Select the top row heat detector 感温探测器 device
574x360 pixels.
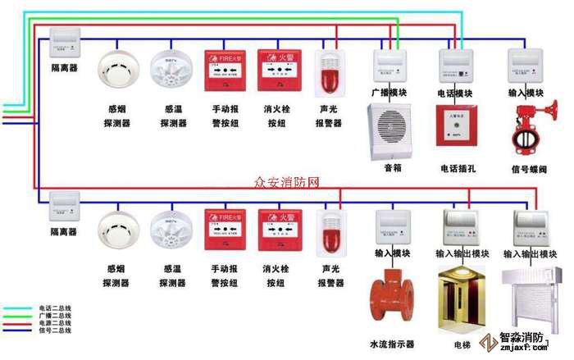pos(172,71)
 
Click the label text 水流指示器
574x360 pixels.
pos(392,344)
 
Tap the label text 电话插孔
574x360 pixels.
pos(459,169)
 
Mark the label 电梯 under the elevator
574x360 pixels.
pos(462,345)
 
